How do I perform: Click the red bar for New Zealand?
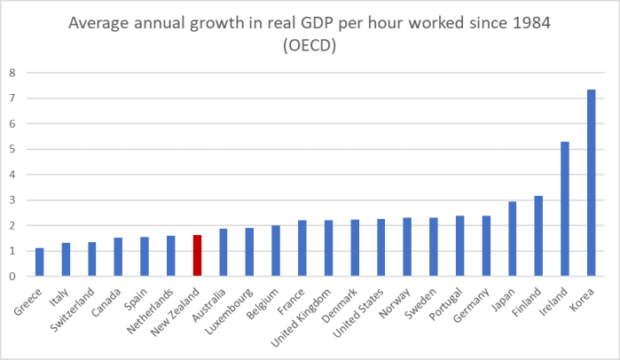(197, 255)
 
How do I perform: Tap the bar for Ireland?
(565, 208)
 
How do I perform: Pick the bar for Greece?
(39, 262)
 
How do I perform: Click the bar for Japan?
(513, 239)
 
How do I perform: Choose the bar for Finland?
(538, 236)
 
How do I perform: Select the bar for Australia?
(224, 252)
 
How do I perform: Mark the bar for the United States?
(381, 247)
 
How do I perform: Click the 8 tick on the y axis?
(12, 73)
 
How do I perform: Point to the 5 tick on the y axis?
(12, 149)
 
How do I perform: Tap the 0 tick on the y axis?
(12, 277)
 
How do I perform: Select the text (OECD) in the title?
(309, 46)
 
